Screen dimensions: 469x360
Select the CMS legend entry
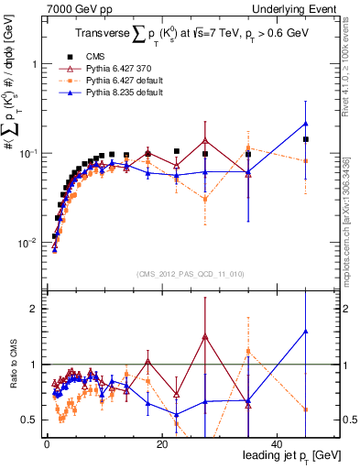click(x=109, y=56)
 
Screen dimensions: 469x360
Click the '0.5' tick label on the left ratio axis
click(x=29, y=420)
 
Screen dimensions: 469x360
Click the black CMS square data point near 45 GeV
click(x=306, y=139)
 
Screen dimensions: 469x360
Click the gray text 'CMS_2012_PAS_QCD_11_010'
click(x=189, y=273)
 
